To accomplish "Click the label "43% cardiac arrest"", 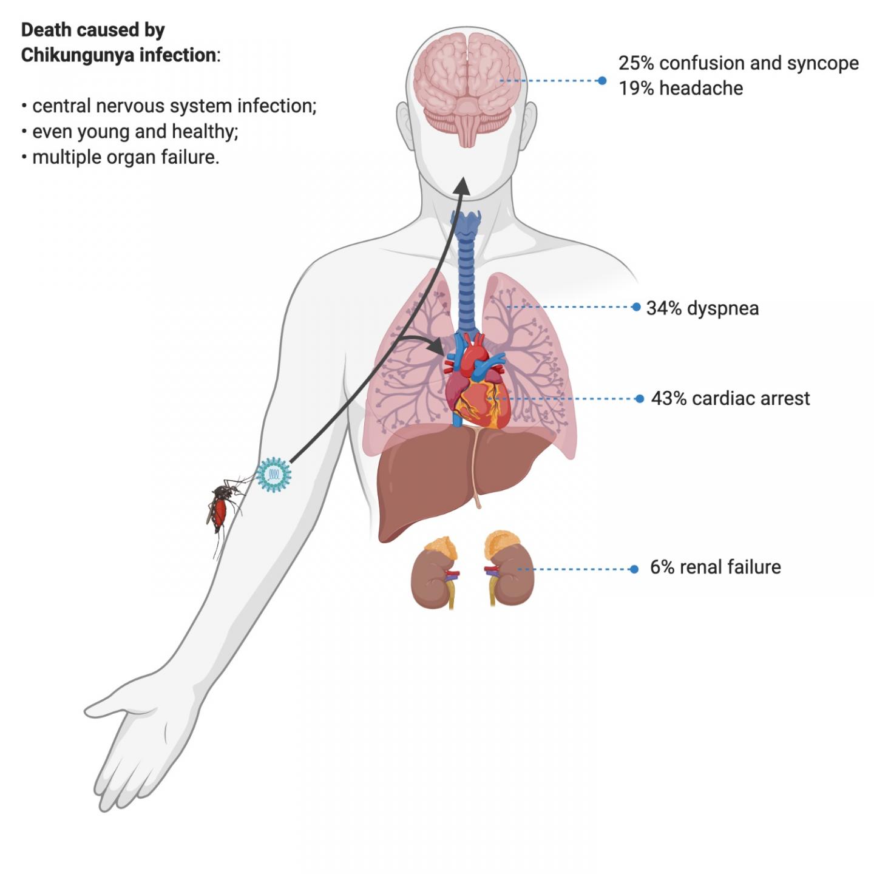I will coord(730,399).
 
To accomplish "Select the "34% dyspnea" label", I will coord(702,308).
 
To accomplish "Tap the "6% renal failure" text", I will coord(715,567).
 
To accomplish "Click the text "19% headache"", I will coord(680,89).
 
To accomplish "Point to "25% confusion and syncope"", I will coord(738,63).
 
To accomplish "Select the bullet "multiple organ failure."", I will coord(125,157).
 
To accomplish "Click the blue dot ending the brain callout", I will coord(601,81).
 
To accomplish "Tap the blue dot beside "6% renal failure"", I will coord(634,569).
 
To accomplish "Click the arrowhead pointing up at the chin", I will coord(463,185).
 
